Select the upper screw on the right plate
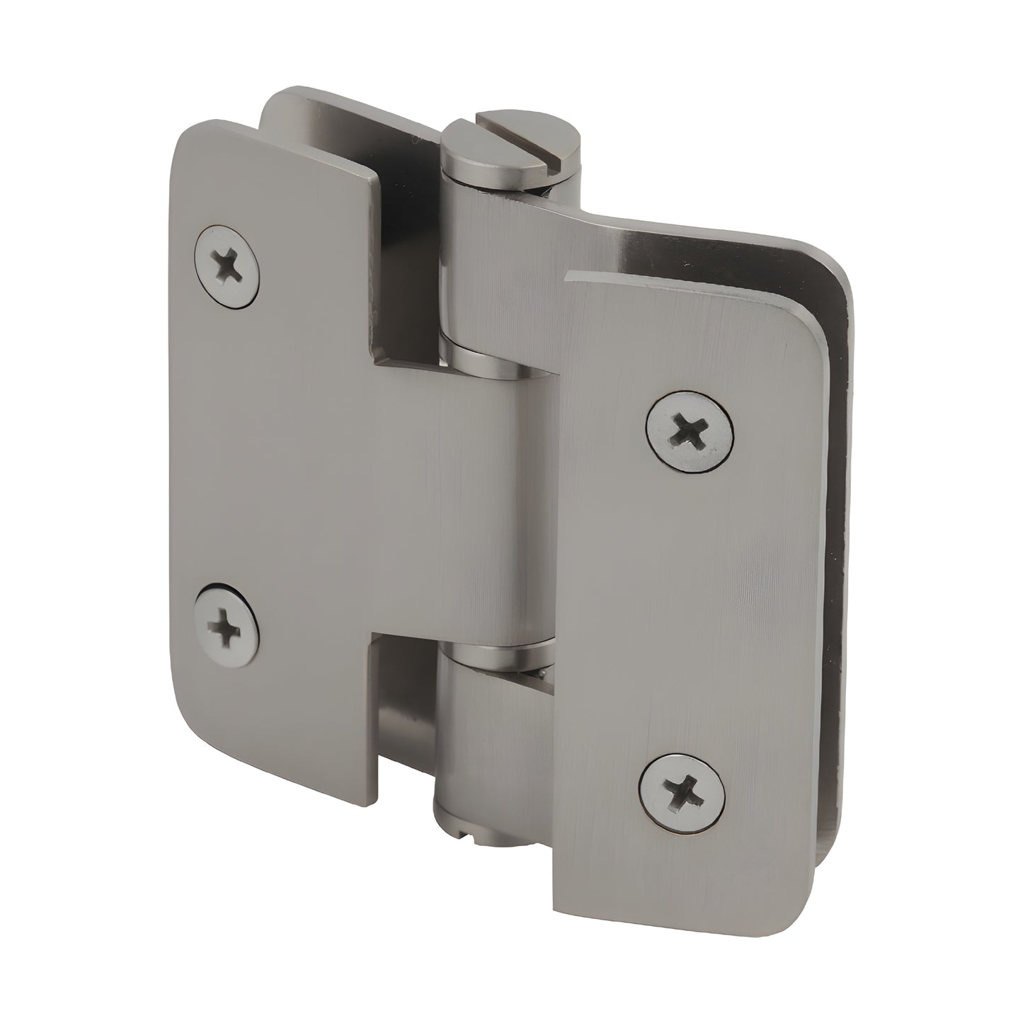[690, 430]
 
